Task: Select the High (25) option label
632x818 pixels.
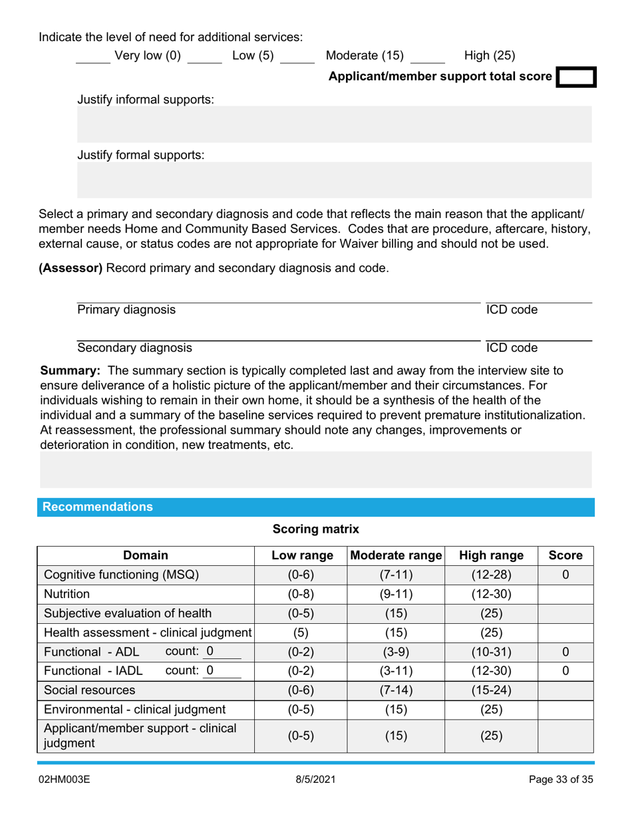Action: [490, 56]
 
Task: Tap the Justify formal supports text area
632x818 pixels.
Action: [334, 181]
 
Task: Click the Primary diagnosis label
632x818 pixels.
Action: [126, 309]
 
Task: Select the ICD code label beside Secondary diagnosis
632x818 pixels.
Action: [511, 347]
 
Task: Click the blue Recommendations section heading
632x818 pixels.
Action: [98, 507]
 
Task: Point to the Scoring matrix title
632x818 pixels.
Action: [316, 529]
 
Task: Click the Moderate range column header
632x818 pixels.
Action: [396, 555]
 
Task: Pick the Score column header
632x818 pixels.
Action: [565, 555]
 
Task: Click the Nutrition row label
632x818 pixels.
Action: [67, 593]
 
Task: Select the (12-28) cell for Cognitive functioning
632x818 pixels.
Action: [490, 575]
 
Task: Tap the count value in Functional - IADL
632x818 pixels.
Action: [210, 670]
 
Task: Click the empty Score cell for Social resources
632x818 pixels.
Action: [565, 690]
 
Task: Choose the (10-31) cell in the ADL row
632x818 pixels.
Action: [490, 651]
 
